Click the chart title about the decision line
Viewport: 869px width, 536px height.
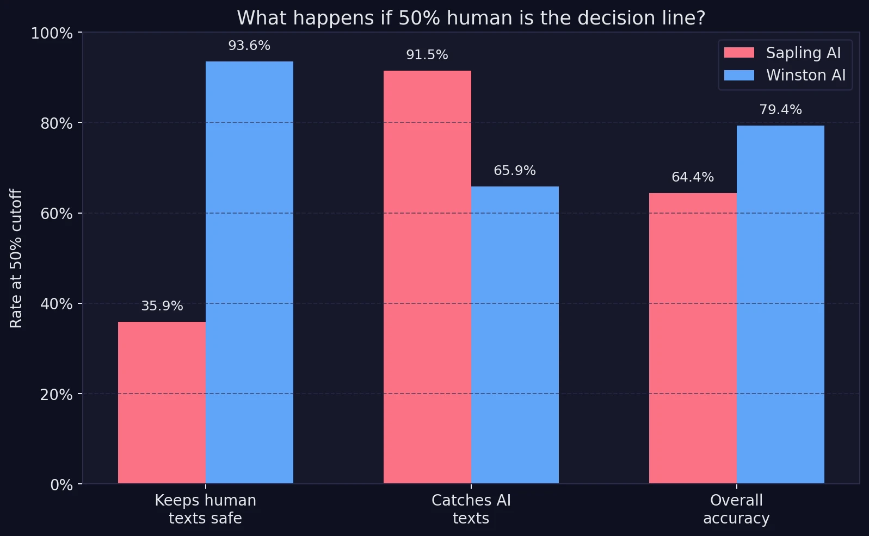click(471, 18)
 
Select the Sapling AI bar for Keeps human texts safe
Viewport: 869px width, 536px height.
click(162, 402)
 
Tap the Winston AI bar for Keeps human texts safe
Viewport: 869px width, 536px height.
click(249, 272)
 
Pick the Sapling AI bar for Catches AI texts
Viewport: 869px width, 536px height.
click(427, 277)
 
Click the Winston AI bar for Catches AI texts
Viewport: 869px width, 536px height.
click(515, 334)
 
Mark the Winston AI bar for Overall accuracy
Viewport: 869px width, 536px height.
click(780, 304)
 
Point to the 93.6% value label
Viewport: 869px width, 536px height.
click(249, 46)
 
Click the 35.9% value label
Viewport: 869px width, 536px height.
click(162, 306)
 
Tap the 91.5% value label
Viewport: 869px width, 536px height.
click(427, 55)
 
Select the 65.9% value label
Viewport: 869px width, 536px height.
click(515, 171)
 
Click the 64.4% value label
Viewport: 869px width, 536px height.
click(693, 177)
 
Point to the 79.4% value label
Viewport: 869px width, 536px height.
click(780, 110)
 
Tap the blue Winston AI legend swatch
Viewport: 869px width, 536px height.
click(739, 75)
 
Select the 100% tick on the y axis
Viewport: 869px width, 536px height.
click(52, 33)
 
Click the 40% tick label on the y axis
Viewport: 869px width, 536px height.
click(57, 304)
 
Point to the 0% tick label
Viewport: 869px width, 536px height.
click(61, 484)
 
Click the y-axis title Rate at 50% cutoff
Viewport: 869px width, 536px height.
click(16, 258)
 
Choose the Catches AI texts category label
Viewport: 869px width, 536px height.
click(471, 509)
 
